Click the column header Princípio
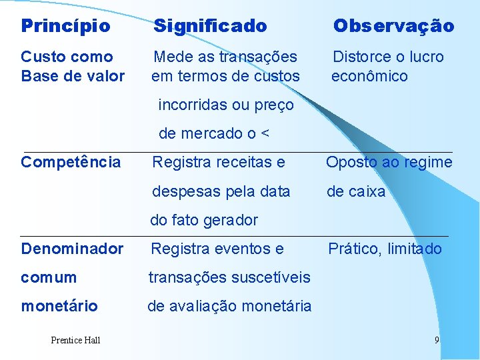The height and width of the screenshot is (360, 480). tap(65, 26)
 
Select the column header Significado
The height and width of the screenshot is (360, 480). tap(210, 26)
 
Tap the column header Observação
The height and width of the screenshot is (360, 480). tap(393, 26)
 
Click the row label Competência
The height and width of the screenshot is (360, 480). tap(71, 162)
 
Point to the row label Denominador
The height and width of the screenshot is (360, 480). tap(72, 249)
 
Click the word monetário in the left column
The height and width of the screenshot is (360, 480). tap(59, 306)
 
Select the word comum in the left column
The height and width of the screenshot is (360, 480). tap(49, 277)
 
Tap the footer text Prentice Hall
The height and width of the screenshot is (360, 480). tap(75, 341)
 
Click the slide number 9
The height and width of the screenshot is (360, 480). tap(437, 341)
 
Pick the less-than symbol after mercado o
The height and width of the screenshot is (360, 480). tap(265, 134)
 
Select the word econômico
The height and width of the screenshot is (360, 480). tap(369, 76)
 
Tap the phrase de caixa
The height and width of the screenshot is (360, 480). tap(355, 191)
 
